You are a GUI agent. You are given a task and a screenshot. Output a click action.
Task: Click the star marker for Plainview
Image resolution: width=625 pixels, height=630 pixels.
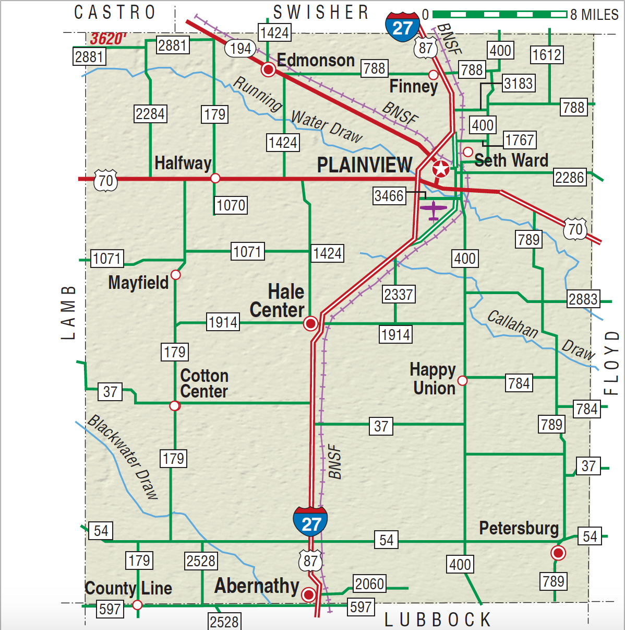(441, 169)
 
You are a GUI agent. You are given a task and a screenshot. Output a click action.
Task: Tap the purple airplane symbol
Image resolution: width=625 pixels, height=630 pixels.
(433, 210)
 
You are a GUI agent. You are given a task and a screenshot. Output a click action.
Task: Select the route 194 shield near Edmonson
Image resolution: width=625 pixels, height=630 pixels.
(241, 49)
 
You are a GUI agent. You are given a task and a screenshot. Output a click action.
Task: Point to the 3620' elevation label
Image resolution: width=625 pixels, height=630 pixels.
(108, 39)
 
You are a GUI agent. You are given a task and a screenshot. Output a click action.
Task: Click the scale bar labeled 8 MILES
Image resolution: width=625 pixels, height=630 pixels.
(499, 14)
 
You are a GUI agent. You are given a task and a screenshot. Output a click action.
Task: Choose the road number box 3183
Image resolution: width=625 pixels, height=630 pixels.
(518, 84)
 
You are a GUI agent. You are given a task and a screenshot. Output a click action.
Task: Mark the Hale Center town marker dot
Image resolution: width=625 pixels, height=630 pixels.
(310, 324)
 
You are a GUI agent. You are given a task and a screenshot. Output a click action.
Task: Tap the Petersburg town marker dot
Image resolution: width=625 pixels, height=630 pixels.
(558, 553)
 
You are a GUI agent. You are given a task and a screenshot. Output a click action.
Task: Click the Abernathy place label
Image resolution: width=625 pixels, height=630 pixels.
(257, 586)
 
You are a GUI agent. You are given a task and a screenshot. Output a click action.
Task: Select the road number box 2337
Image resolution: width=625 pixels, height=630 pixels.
(399, 295)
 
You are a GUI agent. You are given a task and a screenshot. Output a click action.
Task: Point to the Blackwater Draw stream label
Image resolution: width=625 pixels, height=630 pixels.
(123, 457)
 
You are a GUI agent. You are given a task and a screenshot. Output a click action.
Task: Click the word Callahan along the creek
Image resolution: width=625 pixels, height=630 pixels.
(512, 324)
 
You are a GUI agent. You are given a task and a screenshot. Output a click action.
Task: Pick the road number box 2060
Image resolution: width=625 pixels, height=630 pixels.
(369, 584)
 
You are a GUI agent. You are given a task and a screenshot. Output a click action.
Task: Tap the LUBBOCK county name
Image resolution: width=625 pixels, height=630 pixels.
(438, 620)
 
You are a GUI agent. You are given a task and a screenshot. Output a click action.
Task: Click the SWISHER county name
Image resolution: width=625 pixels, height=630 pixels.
(321, 12)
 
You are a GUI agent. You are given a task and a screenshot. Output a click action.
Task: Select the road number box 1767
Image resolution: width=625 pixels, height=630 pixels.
(520, 140)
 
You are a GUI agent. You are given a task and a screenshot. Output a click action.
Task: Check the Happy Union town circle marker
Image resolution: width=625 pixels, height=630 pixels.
(462, 380)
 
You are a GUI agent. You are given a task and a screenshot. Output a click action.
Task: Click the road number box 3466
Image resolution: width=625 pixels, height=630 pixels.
(389, 196)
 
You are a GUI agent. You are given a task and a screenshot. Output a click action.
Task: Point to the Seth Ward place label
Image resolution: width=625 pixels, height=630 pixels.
(511, 160)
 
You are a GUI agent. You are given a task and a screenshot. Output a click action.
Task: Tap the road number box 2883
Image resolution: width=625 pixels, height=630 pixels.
(583, 299)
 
